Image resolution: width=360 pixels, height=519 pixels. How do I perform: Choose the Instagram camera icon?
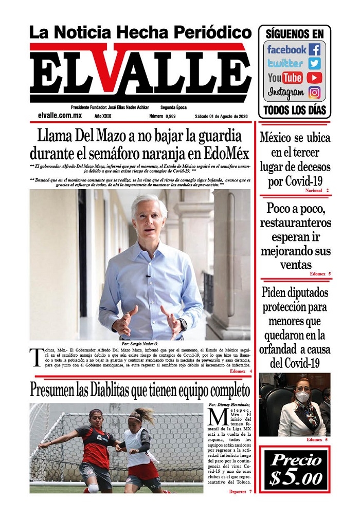[314, 93]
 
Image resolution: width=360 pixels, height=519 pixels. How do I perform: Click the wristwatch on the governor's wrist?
[183, 325]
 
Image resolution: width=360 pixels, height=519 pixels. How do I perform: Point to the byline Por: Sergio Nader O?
[140, 343]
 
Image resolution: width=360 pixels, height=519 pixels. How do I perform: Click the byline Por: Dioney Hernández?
[231, 404]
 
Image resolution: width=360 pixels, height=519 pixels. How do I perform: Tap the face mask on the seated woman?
[302, 397]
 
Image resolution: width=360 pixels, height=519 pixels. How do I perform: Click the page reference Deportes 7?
[240, 492]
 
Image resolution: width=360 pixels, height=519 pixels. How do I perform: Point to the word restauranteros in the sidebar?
[295, 223]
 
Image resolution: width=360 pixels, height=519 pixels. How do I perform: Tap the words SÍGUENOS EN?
[295, 34]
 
